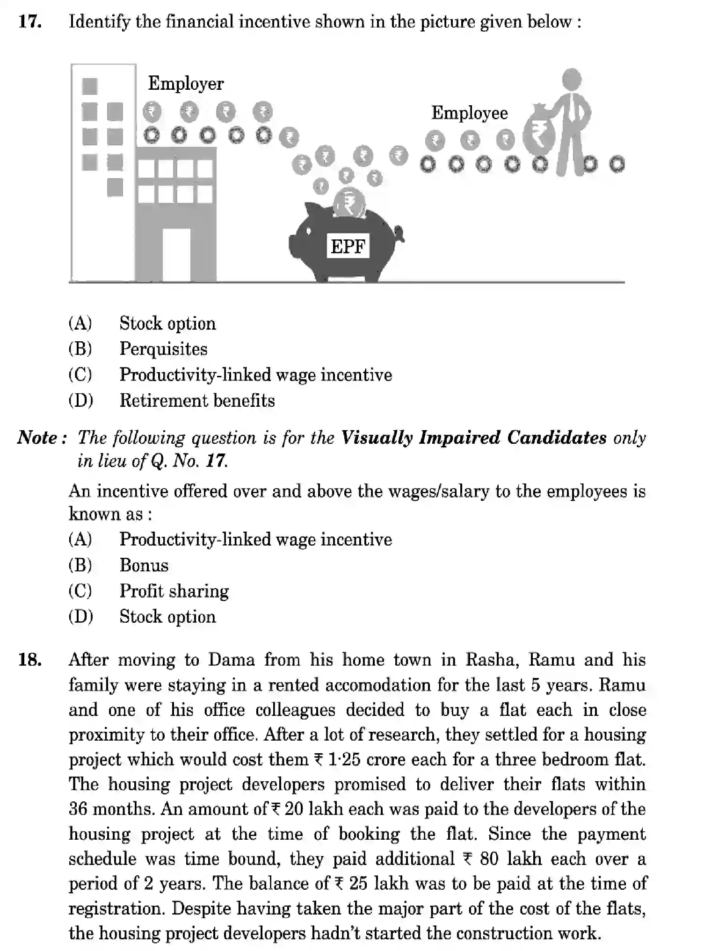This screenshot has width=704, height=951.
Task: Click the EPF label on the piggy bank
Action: pos(348,246)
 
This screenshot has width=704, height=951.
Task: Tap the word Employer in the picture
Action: pos(186,84)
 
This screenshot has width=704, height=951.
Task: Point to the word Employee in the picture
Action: pos(469,114)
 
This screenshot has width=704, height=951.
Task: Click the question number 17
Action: pos(30,22)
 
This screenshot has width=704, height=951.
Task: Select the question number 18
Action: pos(30,660)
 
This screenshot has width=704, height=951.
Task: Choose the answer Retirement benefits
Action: pos(197,401)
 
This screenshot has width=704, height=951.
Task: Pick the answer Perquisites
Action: pos(163,349)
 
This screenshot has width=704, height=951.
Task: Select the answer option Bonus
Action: pos(144,565)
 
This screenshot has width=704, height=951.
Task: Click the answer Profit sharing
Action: pos(174,591)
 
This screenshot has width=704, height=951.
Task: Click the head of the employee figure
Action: pos(571,79)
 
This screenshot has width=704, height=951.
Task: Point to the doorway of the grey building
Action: pos(176,255)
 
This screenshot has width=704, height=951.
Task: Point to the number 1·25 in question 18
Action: pos(344,759)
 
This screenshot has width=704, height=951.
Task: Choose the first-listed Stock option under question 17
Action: pos(167,324)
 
